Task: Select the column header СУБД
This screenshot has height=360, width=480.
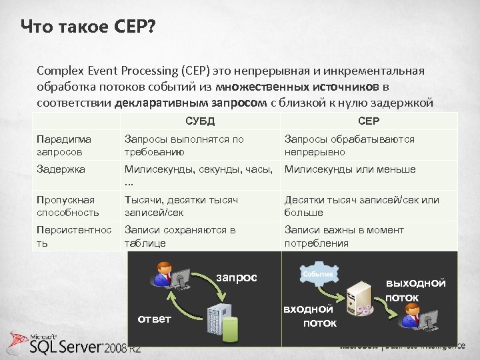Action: tap(199, 121)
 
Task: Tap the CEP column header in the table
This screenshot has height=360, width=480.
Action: tap(369, 121)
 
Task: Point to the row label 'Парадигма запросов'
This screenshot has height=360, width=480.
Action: tap(64, 145)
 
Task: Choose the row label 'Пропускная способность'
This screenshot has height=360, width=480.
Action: tap(66, 206)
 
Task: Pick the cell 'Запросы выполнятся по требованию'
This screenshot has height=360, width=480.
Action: tap(184, 145)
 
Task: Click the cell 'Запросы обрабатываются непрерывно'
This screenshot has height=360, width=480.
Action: tap(349, 145)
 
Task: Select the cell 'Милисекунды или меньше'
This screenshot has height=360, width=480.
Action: tap(350, 169)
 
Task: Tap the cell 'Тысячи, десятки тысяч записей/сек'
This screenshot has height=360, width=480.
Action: tap(181, 206)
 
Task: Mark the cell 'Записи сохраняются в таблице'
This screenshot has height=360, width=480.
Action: tap(180, 237)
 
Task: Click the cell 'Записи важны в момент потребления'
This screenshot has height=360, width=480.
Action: tap(344, 237)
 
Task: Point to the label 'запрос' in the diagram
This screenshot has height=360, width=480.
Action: tap(235, 277)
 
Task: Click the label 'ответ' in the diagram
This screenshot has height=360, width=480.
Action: tap(154, 319)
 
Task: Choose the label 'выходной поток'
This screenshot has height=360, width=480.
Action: tap(415, 289)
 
